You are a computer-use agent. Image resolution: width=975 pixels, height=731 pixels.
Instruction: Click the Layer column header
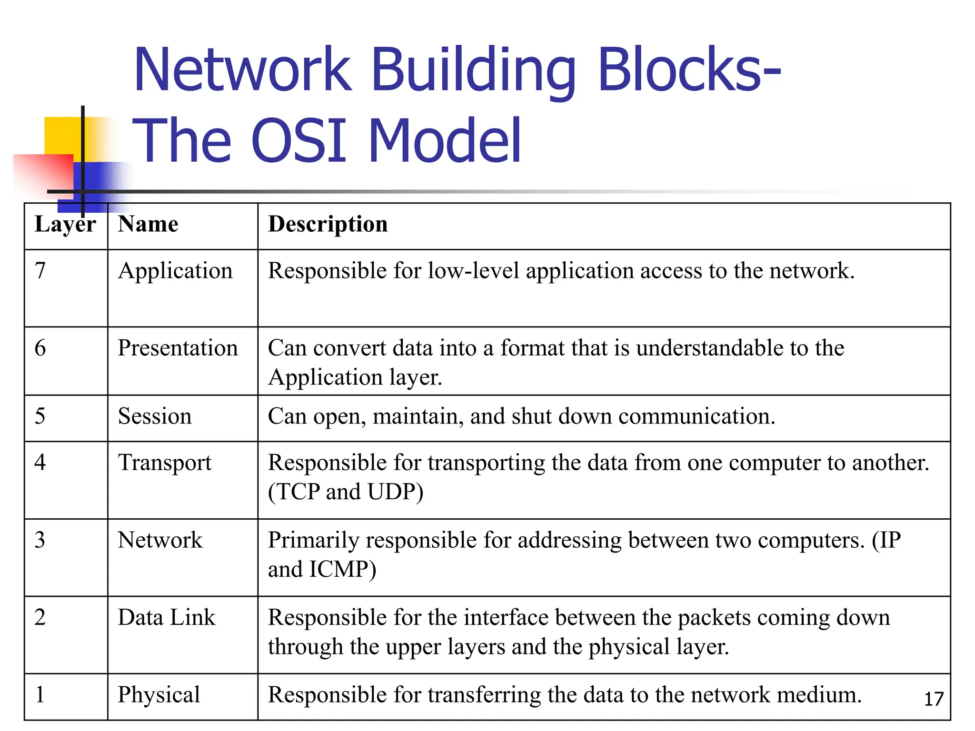click(65, 224)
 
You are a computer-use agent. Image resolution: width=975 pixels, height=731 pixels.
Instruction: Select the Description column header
click(328, 224)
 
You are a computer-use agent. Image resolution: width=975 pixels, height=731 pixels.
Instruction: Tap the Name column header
click(148, 224)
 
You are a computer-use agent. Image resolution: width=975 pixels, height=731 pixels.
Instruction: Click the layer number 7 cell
click(40, 271)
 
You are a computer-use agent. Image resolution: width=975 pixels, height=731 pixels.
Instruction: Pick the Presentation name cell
click(178, 348)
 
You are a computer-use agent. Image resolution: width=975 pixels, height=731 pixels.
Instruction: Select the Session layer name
click(155, 416)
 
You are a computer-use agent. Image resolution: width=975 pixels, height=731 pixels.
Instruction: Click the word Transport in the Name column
click(165, 463)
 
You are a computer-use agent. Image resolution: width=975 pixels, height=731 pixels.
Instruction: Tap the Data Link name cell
click(167, 617)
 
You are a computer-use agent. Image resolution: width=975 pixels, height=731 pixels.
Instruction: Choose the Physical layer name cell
click(159, 695)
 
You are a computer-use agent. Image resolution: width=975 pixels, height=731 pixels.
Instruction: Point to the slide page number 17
click(934, 699)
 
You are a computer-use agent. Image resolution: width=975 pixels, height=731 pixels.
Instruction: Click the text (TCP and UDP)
click(346, 492)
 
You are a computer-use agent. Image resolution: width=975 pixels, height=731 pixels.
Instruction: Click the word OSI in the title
click(298, 141)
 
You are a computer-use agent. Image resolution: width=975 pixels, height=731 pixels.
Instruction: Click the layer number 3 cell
click(40, 540)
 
